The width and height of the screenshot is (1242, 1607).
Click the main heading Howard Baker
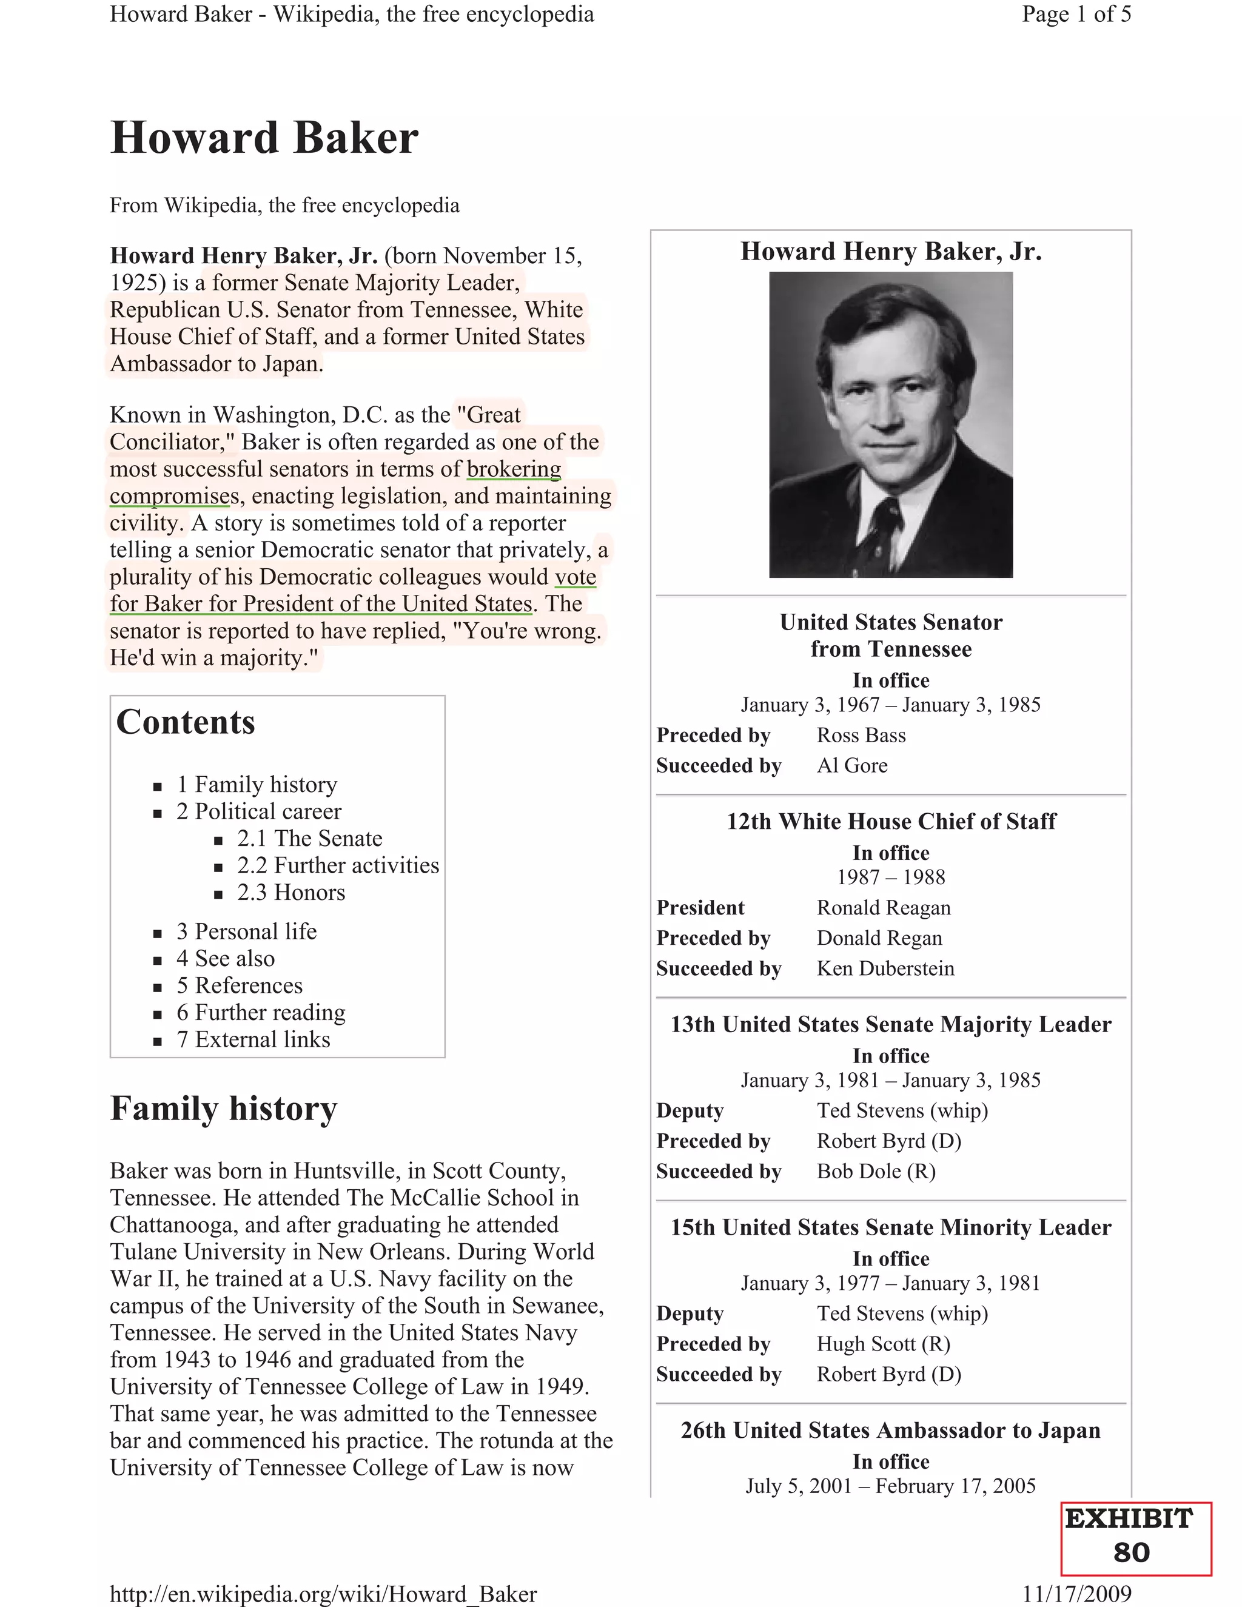[264, 138]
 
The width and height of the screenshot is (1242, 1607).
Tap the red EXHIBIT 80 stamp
[1135, 1538]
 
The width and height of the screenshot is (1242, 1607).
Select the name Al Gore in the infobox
[852, 765]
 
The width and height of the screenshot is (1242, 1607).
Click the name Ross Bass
[861, 735]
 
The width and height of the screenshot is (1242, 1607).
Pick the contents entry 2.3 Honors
[290, 892]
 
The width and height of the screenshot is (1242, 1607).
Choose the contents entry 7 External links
[253, 1039]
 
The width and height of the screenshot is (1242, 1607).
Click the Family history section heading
[224, 1108]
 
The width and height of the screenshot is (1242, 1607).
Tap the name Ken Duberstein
[885, 968]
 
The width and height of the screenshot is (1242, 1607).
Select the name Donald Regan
[879, 938]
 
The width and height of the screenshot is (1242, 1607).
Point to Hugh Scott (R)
[883, 1344]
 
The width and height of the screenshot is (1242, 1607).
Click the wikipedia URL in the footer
[323, 1594]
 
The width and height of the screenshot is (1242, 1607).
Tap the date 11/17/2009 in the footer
[1076, 1594]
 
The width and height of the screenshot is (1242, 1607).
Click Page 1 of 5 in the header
[1076, 14]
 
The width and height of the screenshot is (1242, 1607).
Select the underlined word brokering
[514, 469]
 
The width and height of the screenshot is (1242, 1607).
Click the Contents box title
[186, 722]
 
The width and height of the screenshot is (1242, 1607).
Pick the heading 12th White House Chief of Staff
[891, 821]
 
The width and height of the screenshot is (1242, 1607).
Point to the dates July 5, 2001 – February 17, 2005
[890, 1486]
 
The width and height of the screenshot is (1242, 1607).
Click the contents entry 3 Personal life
[246, 931]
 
